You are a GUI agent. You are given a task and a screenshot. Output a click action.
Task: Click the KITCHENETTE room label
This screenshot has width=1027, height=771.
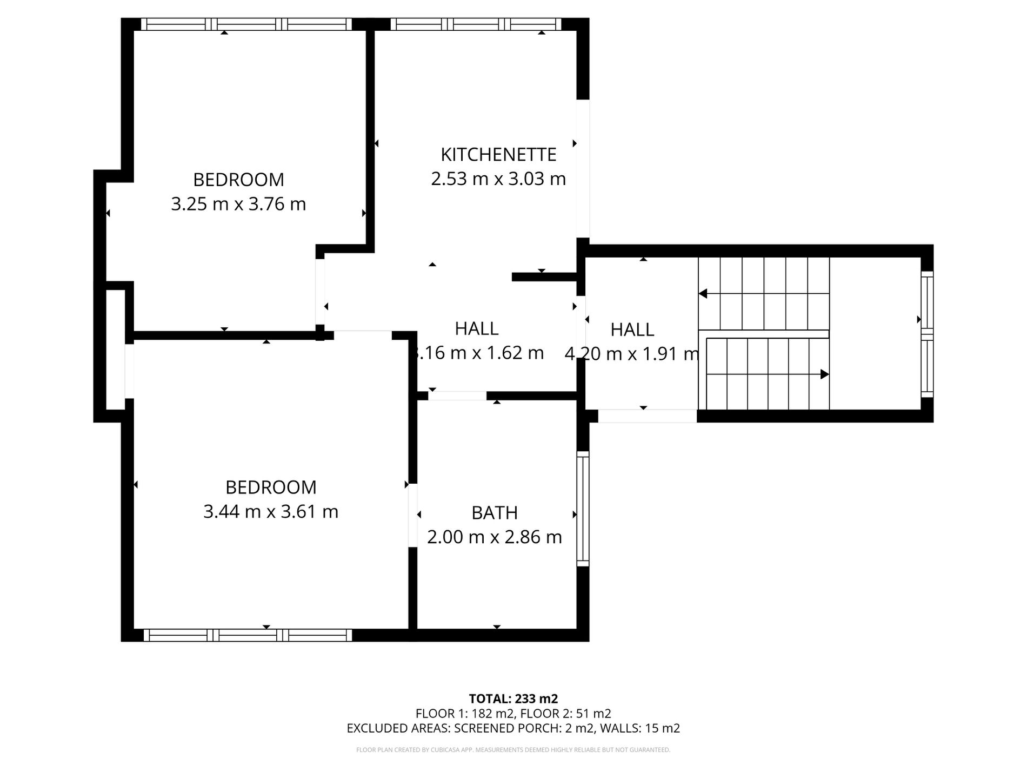(498, 155)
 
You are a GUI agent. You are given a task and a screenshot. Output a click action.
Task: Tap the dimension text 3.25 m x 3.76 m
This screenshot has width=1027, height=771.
(238, 205)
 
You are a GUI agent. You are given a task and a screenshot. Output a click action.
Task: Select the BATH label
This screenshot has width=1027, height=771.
(495, 513)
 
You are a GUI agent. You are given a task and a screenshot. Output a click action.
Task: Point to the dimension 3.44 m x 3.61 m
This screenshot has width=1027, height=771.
(271, 511)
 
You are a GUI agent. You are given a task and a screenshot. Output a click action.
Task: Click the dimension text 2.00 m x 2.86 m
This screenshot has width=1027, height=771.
(495, 537)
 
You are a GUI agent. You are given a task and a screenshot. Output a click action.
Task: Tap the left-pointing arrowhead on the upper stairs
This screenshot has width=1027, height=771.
(703, 294)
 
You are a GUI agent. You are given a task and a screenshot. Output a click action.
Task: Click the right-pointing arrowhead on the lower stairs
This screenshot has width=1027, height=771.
(824, 374)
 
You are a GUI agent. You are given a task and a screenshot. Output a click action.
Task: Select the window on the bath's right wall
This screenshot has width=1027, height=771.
(583, 509)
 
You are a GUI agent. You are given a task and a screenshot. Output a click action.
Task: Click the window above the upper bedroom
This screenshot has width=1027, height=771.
(247, 24)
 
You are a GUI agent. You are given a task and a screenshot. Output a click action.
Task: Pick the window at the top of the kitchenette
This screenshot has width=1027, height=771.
(476, 24)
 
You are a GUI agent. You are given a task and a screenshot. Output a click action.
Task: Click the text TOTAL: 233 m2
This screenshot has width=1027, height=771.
(513, 698)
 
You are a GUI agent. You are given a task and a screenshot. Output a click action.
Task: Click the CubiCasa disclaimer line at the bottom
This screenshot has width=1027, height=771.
(513, 750)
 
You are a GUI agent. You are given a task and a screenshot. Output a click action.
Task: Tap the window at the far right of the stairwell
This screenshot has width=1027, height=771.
(926, 334)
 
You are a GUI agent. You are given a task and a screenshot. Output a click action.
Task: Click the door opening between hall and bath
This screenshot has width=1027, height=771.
(457, 396)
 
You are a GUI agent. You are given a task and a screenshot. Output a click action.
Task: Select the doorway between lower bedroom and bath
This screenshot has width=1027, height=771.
(412, 515)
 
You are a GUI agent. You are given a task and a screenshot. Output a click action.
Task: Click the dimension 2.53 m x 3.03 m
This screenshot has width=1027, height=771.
(498, 179)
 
